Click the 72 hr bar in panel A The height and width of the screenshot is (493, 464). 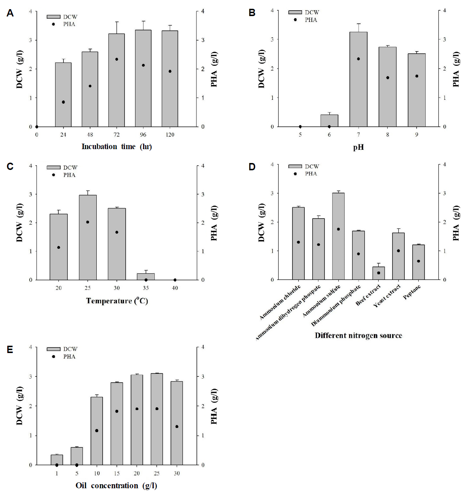pyautogui.click(x=116, y=80)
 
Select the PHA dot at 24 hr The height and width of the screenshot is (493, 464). pyautogui.click(x=63, y=102)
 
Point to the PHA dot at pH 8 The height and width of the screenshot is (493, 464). pyautogui.click(x=387, y=77)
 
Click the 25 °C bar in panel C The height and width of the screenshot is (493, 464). pyautogui.click(x=88, y=238)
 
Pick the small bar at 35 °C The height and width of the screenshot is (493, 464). pyautogui.click(x=146, y=277)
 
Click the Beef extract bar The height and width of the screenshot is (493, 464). pyautogui.click(x=378, y=273)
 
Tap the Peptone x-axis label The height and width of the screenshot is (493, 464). pyautogui.click(x=412, y=292)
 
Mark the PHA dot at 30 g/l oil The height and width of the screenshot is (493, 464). pyautogui.click(x=177, y=426)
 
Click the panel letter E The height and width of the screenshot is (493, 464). pyautogui.click(x=10, y=350)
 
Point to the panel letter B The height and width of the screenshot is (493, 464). pyautogui.click(x=252, y=13)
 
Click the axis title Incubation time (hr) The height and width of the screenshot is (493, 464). pyautogui.click(x=116, y=147)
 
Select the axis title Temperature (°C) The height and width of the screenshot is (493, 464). pyautogui.click(x=117, y=301)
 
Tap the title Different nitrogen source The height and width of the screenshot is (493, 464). pyautogui.click(x=358, y=335)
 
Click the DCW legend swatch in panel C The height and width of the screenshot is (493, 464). pyautogui.click(x=53, y=167)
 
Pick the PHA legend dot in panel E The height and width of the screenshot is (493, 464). pyautogui.click(x=53, y=356)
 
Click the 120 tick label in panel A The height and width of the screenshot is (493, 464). pyautogui.click(x=170, y=135)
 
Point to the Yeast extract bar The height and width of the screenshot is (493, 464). pyautogui.click(x=398, y=256)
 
